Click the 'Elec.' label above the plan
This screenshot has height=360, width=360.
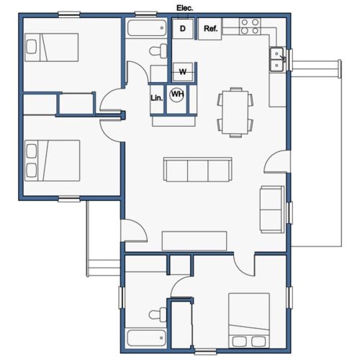point(185,8)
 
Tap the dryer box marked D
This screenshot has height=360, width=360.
point(183,29)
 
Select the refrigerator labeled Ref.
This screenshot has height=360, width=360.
point(210,29)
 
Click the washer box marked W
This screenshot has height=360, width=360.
point(183,71)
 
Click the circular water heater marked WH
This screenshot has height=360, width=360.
point(176,94)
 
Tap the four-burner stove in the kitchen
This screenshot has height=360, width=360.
point(250,27)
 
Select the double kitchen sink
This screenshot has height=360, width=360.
point(276,60)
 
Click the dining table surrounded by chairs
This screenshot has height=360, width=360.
point(235,111)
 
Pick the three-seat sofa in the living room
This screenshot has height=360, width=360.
point(197,170)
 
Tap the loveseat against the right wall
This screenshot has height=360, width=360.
point(272,209)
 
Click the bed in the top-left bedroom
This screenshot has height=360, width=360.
point(51,49)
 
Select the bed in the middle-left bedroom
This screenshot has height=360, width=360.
point(51,160)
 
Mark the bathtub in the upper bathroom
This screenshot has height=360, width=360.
point(148,30)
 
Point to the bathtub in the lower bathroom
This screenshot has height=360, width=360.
point(146,338)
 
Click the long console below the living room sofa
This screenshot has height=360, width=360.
point(194,240)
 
